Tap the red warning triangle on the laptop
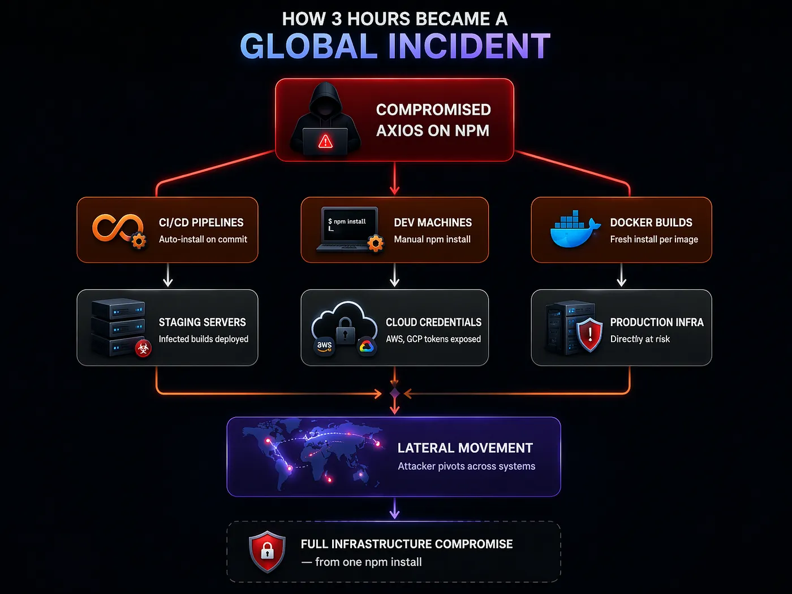tap(325, 141)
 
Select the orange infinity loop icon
tap(117, 228)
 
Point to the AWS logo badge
tap(324, 345)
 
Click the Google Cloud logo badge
tap(366, 346)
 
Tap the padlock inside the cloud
tap(345, 329)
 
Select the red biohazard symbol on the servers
tap(143, 349)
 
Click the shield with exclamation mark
tap(589, 334)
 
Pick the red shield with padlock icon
tap(267, 551)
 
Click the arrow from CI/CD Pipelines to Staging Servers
tap(168, 276)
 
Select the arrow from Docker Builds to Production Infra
tap(621, 276)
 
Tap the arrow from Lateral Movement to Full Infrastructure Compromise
tap(395, 509)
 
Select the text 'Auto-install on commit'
tap(203, 240)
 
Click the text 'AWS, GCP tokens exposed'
tap(433, 339)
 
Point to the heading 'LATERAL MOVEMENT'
tap(465, 448)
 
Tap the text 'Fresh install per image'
tap(654, 240)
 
